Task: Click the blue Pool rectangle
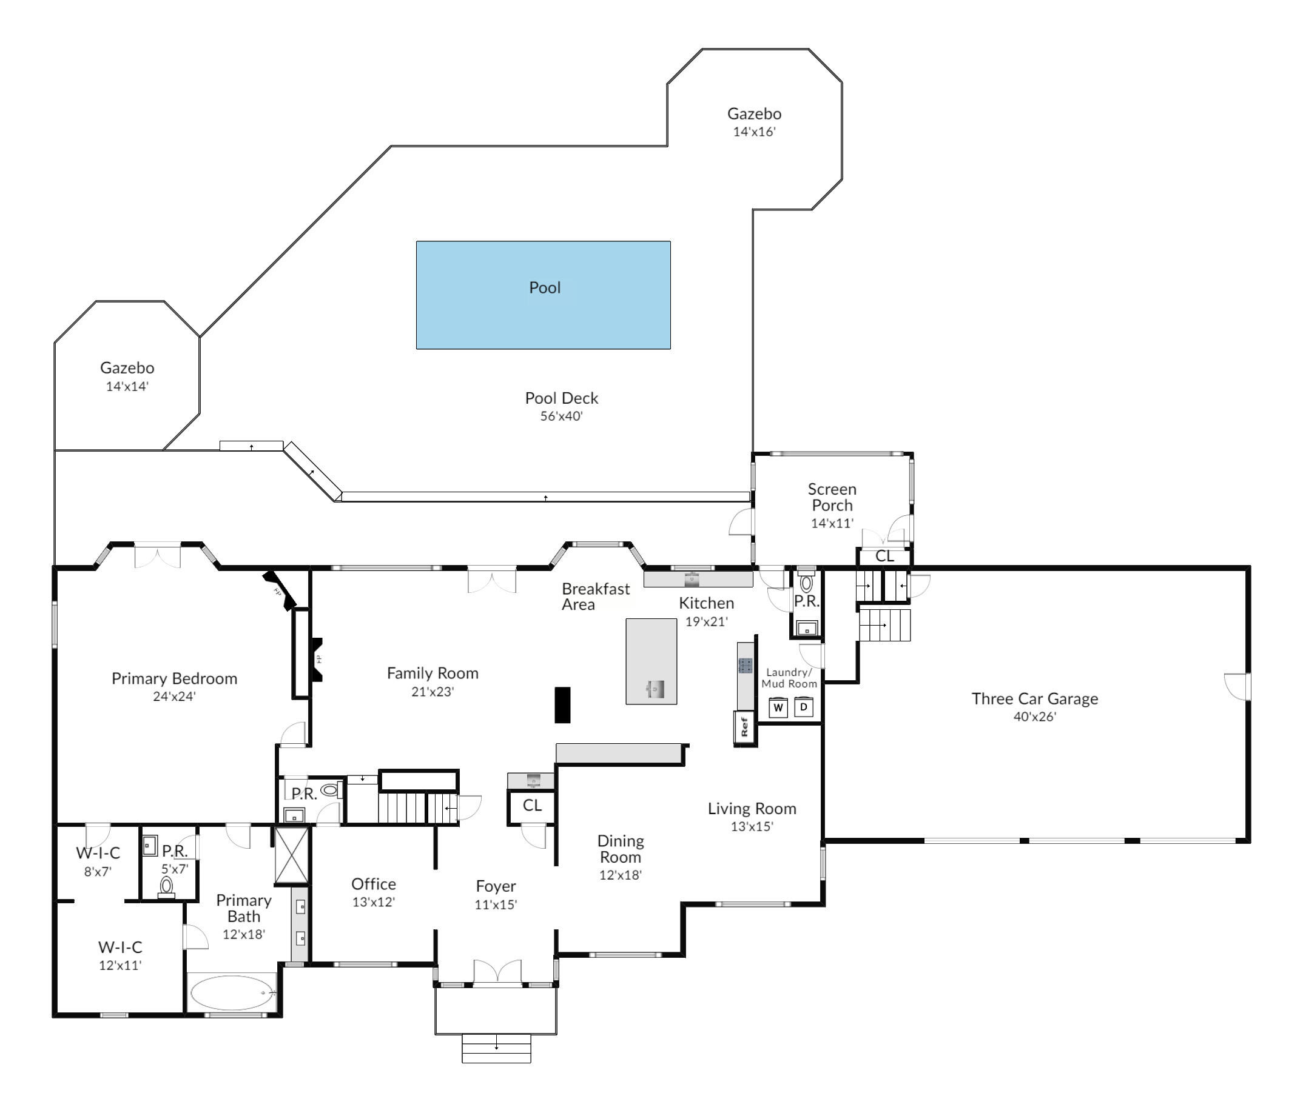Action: click(x=544, y=295)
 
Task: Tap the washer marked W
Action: click(x=778, y=707)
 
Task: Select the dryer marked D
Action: click(x=804, y=707)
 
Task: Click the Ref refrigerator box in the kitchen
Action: click(x=744, y=727)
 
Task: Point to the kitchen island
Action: click(x=651, y=661)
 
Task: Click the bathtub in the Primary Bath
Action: click(x=233, y=993)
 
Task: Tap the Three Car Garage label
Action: click(x=1034, y=698)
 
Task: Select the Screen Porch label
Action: click(x=832, y=497)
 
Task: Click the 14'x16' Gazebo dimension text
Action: click(x=754, y=132)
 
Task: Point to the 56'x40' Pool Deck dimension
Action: click(x=562, y=415)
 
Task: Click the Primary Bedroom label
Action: click(x=174, y=678)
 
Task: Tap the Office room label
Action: click(x=374, y=884)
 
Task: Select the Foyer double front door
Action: click(x=497, y=971)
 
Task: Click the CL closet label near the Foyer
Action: click(x=532, y=805)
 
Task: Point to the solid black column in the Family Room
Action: click(x=562, y=704)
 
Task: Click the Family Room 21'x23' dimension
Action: click(x=433, y=691)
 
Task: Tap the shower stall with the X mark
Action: click(x=292, y=855)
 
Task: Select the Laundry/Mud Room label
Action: click(x=789, y=678)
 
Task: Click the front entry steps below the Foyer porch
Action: click(x=497, y=1048)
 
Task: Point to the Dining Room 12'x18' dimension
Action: click(x=621, y=875)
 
